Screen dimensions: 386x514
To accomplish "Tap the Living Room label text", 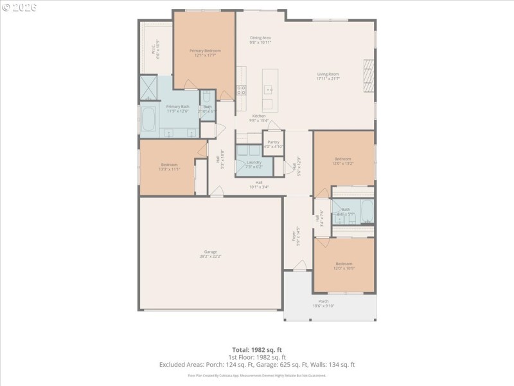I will click(x=328, y=76).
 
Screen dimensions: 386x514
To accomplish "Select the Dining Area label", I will click(x=260, y=39).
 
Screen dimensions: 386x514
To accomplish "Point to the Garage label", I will click(x=211, y=253).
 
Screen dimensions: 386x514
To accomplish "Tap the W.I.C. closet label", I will click(x=155, y=50).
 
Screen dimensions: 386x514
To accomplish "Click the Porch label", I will click(x=323, y=303).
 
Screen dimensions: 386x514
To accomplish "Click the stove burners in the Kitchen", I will click(x=242, y=89).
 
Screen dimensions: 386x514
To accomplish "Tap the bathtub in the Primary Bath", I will click(x=148, y=120).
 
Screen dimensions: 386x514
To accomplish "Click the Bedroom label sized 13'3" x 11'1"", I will click(x=170, y=167).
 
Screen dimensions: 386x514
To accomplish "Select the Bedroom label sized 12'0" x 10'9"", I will click(x=343, y=265).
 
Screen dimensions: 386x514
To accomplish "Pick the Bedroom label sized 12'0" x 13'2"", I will click(x=342, y=161).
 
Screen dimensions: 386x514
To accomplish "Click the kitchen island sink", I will click(x=268, y=104).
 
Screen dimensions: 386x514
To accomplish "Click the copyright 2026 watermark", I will click(x=20, y=7).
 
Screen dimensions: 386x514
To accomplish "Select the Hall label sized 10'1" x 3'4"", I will click(x=258, y=184).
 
